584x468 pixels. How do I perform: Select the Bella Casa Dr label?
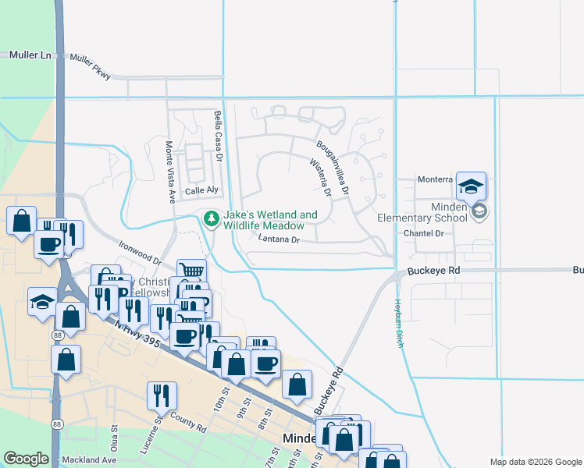click(219, 136)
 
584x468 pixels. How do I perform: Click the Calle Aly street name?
click(201, 191)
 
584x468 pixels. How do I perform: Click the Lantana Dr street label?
click(279, 240)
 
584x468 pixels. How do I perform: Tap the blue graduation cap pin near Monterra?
click(471, 186)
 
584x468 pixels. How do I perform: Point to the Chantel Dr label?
click(423, 233)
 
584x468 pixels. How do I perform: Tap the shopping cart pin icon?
click(191, 272)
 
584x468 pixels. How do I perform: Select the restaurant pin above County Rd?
click(162, 395)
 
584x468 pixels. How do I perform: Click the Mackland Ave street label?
click(91, 460)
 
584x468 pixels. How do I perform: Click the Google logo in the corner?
click(26, 459)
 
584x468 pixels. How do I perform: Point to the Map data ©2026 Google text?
click(535, 462)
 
